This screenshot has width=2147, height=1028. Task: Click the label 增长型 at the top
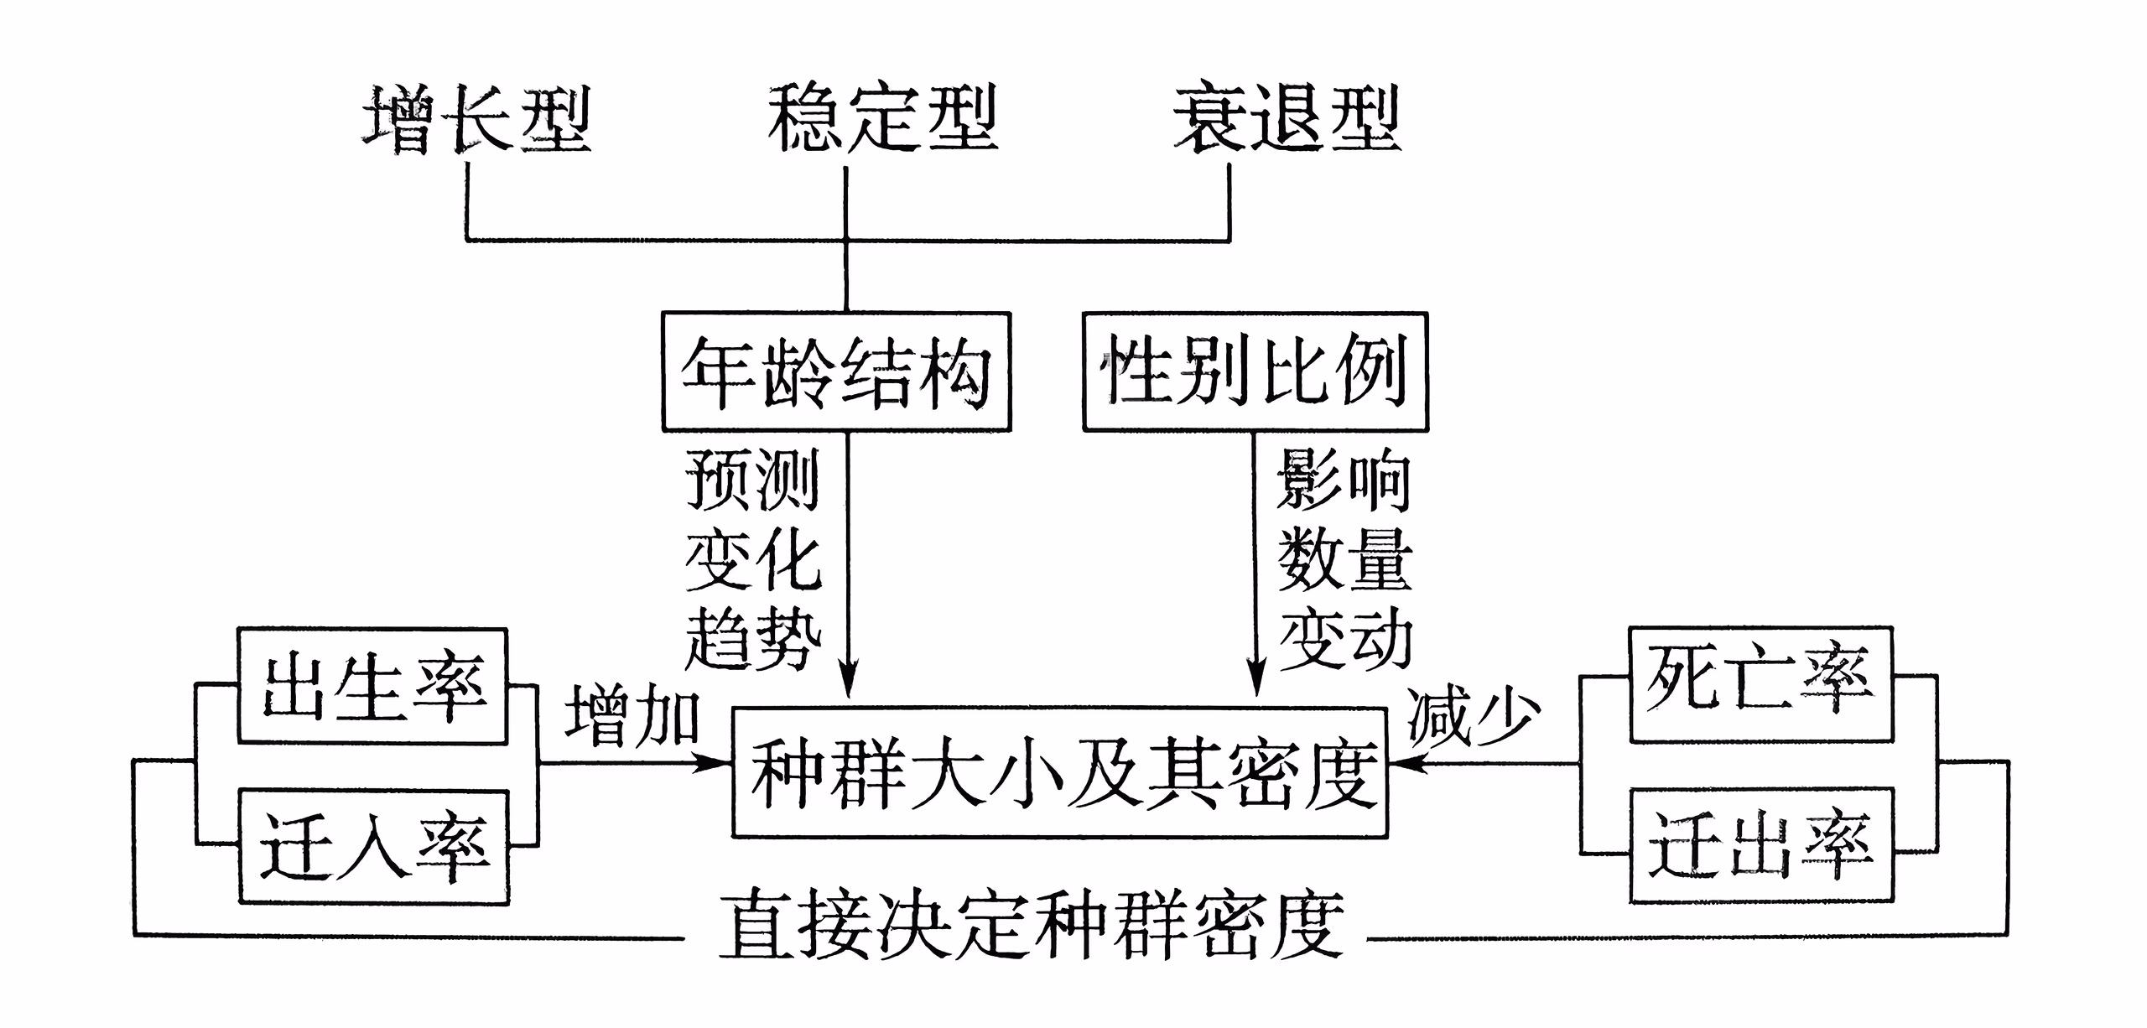coord(476,118)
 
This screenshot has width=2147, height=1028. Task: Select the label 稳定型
coord(882,118)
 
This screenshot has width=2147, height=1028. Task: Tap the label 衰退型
coord(1287,118)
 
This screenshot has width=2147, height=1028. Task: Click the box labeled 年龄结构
coord(836,372)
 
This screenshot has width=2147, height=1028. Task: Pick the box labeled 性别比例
coord(1255,372)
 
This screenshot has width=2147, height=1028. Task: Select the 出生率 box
coord(372,686)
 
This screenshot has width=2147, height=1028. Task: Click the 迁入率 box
coord(374,847)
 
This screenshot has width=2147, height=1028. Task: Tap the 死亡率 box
coord(1761,684)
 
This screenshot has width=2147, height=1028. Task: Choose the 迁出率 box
coord(1761,845)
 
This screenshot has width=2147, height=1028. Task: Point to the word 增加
coord(632,714)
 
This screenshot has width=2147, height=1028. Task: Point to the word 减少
coord(1474,714)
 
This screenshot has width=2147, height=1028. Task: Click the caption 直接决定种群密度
coord(1032,925)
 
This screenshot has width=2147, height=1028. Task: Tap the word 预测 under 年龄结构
coord(752,480)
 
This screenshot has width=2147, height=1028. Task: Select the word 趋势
coord(752,639)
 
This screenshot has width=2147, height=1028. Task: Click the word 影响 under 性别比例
coord(1344,480)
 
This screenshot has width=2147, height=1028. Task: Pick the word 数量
coord(1344,559)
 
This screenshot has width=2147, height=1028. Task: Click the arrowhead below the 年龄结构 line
coord(849,679)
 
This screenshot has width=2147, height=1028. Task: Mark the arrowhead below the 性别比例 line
coord(1255,679)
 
